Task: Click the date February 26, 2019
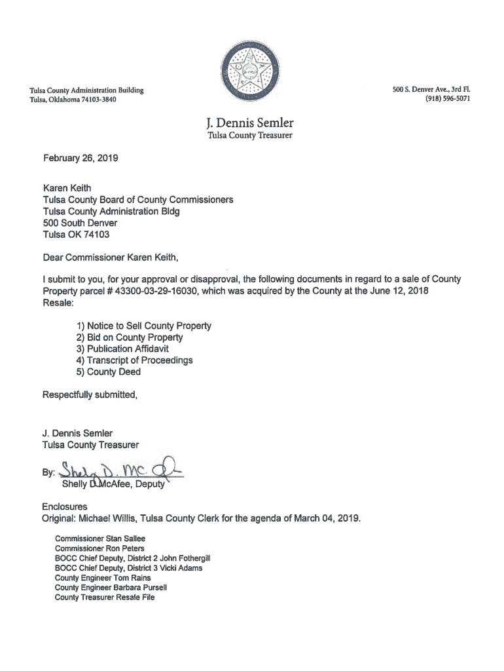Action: pyautogui.click(x=81, y=158)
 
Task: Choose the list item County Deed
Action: pyautogui.click(x=108, y=372)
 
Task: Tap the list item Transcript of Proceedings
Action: pyautogui.click(x=134, y=360)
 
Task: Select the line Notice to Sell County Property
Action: pyautogui.click(x=143, y=326)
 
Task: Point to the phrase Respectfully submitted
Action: pyautogui.click(x=90, y=395)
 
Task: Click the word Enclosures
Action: pyautogui.click(x=65, y=507)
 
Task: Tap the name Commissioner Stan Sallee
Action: pyautogui.click(x=100, y=539)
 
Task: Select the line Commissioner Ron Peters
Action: pyautogui.click(x=99, y=548)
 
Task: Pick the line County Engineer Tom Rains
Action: pyautogui.click(x=103, y=578)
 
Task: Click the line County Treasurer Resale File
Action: pyautogui.click(x=105, y=598)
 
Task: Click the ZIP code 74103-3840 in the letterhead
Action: pyautogui.click(x=96, y=100)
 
